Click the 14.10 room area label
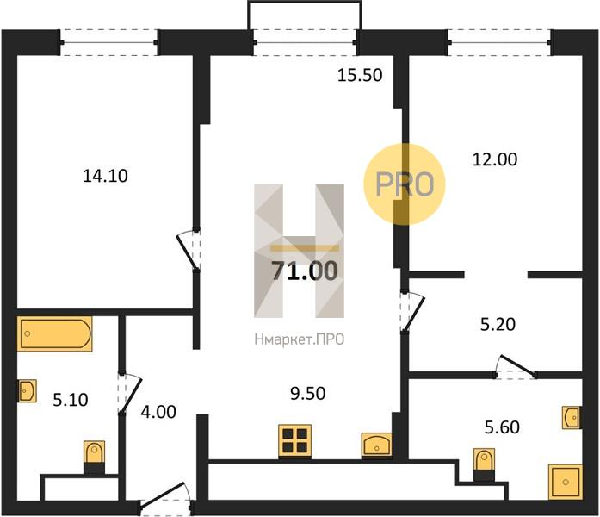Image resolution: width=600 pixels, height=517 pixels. [x=105, y=176]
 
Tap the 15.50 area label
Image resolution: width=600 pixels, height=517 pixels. [x=360, y=75]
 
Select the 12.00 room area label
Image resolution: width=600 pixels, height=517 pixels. [x=495, y=159]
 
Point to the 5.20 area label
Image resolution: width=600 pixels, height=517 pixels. [x=498, y=325]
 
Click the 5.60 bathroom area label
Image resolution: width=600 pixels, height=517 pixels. [x=502, y=427]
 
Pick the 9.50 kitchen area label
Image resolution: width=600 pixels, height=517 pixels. [x=307, y=393]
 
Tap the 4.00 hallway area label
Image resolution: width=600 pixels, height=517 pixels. [x=158, y=412]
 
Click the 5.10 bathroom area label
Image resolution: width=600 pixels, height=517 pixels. [x=71, y=400]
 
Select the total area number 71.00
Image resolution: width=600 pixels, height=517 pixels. [x=305, y=271]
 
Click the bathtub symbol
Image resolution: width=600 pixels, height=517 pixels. [x=55, y=333]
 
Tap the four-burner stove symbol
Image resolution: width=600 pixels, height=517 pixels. [x=294, y=441]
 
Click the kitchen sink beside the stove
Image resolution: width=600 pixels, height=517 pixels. [x=377, y=445]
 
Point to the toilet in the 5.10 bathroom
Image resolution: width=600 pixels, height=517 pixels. [x=94, y=458]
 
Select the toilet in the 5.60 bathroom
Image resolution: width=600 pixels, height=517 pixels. [x=484, y=464]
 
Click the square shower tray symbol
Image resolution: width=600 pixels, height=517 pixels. [x=566, y=482]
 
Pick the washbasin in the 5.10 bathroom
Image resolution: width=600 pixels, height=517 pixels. [x=28, y=390]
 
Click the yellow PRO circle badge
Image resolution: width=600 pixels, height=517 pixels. [x=405, y=184]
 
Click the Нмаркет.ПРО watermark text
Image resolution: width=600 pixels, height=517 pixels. [x=300, y=339]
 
